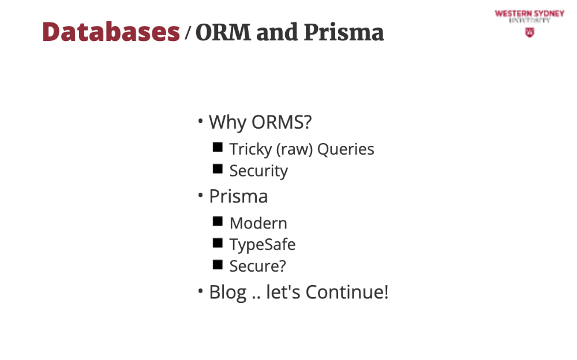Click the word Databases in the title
[111, 32]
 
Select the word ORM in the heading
[223, 32]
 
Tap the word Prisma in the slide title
[344, 32]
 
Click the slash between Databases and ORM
[188, 32]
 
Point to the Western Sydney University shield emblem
[529, 32]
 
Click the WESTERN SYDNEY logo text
[529, 14]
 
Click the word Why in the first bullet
[227, 122]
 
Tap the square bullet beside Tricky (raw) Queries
[218, 147]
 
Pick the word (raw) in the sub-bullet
[294, 149]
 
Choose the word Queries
[346, 149]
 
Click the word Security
[258, 171]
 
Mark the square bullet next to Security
[218, 168]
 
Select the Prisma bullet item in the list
[238, 196]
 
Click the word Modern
[258, 223]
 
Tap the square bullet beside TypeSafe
[218, 243]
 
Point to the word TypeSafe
[263, 245]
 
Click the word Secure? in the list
[257, 266]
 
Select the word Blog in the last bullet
[228, 292]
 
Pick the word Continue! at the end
[347, 292]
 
